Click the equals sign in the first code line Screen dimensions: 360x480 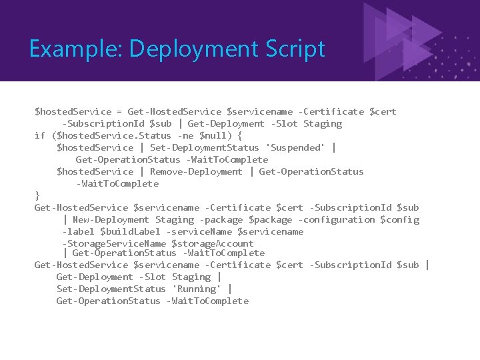tap(119, 111)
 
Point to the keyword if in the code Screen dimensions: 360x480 tap(39, 135)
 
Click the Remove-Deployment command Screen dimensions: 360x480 tap(196, 171)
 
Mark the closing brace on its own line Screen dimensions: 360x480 tap(37, 195)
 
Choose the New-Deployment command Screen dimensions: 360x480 tap(111, 219)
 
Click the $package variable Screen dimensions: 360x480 tap(270, 219)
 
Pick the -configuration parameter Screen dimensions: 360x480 tap(337, 219)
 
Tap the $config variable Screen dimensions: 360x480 tap(399, 219)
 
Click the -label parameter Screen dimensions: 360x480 tap(78, 231)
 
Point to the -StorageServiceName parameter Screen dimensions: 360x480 tap(114, 243)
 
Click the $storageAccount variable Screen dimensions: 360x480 tap(213, 243)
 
